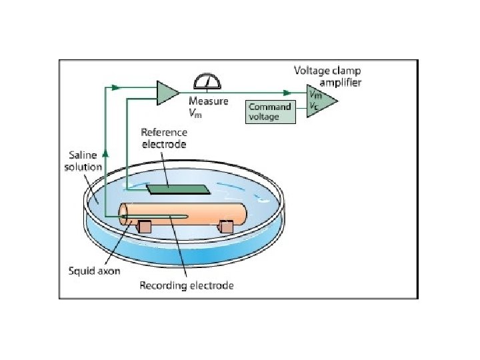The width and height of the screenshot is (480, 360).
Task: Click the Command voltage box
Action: pyautogui.click(x=271, y=111)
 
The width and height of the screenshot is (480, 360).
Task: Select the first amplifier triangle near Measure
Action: pyautogui.click(x=167, y=92)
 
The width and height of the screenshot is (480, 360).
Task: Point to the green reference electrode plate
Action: pyautogui.click(x=172, y=189)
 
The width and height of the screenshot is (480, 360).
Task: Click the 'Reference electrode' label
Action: pyautogui.click(x=163, y=137)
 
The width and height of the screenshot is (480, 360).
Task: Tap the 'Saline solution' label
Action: pyautogui.click(x=83, y=161)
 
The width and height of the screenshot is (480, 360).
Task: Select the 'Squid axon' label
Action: pyautogui.click(x=94, y=271)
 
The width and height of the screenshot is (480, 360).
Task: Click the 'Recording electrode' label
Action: pyautogui.click(x=186, y=285)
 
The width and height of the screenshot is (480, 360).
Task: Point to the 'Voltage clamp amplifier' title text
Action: pyautogui.click(x=329, y=75)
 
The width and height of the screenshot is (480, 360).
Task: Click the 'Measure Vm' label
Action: pyautogui.click(x=208, y=106)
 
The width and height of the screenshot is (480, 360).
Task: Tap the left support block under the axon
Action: pyautogui.click(x=143, y=227)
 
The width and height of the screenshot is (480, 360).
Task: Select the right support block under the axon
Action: pyautogui.click(x=226, y=227)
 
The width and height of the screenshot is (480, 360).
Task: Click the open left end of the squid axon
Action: pyautogui.click(x=125, y=214)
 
